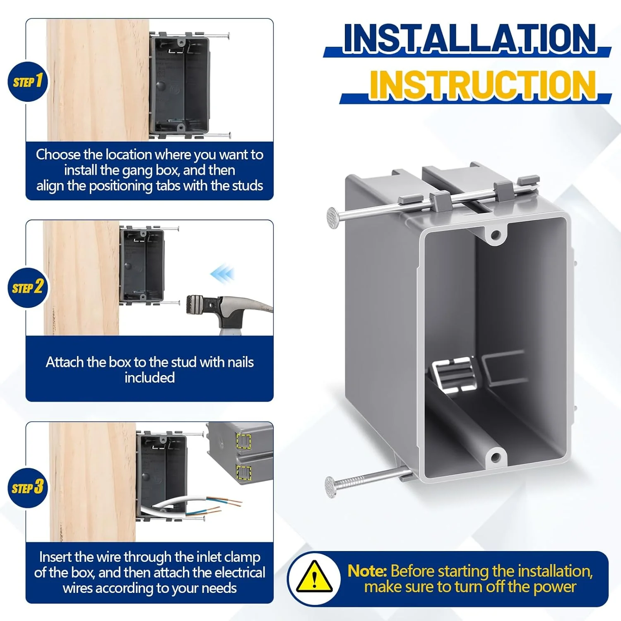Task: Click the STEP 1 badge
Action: click(x=28, y=82)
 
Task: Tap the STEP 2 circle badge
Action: click(x=28, y=287)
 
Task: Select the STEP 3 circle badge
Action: click(x=28, y=488)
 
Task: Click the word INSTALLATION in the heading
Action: click(x=470, y=38)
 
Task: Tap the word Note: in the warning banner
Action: click(x=367, y=571)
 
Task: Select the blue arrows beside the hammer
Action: click(x=222, y=274)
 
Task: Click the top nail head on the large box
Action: click(x=333, y=216)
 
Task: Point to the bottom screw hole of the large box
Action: click(x=496, y=458)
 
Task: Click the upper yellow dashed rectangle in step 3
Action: click(x=243, y=441)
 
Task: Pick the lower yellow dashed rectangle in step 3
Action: click(x=243, y=472)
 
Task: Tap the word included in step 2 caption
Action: click(x=149, y=378)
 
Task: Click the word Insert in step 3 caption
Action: click(x=55, y=557)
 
